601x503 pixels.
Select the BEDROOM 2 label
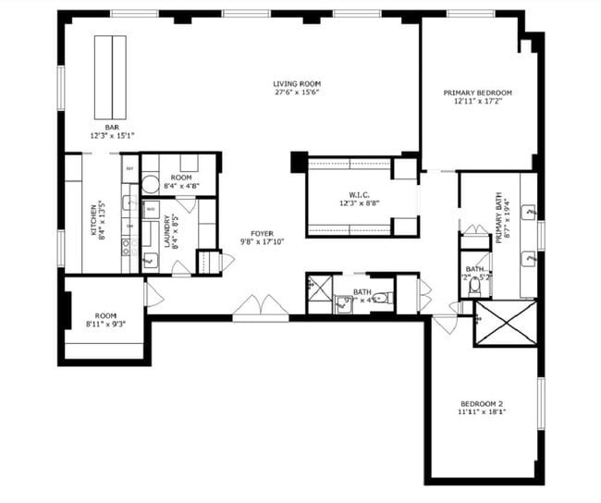481,403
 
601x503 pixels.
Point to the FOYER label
264,233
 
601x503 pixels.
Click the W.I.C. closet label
359,195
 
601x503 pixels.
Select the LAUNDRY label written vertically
169,233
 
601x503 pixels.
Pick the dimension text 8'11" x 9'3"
104,324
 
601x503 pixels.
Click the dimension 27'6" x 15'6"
296,92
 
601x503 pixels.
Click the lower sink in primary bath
529,259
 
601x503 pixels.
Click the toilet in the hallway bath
386,298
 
